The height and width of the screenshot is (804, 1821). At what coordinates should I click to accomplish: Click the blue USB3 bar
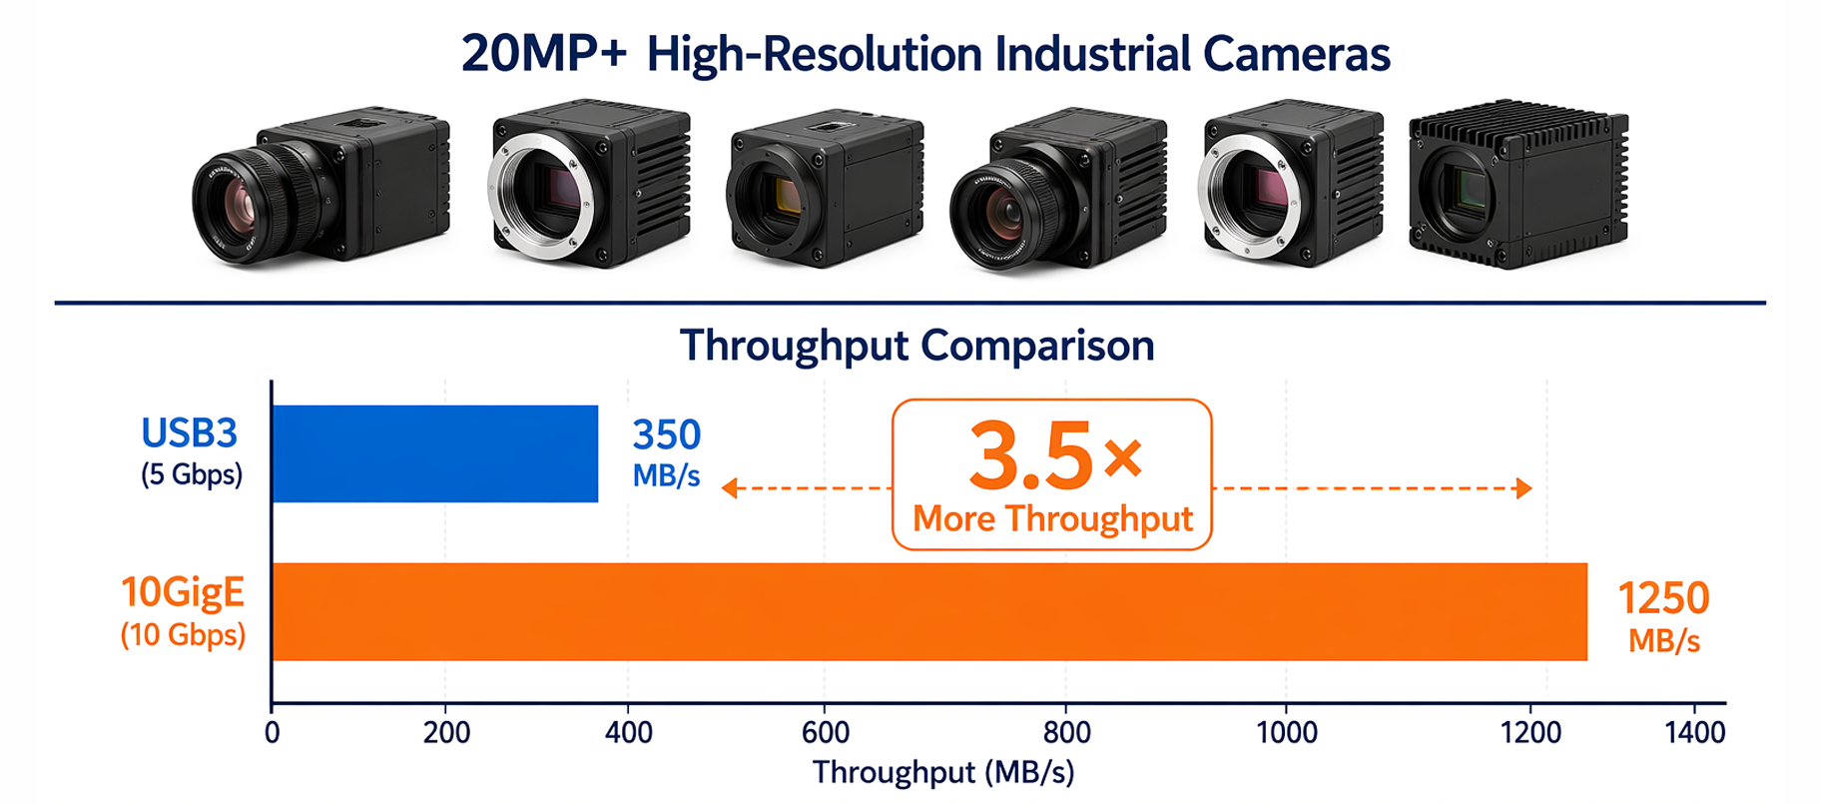click(x=435, y=453)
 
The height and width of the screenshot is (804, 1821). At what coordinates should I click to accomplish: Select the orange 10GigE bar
click(x=929, y=611)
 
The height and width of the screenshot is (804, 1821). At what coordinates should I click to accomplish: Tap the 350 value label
click(x=667, y=435)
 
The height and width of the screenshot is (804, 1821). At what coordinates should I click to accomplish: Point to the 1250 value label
click(x=1663, y=598)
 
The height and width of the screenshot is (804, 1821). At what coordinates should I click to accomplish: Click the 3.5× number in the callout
click(x=1054, y=455)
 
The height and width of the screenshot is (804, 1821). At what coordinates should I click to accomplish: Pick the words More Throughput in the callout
click(x=1052, y=518)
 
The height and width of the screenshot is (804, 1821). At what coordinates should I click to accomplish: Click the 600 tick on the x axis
click(x=826, y=732)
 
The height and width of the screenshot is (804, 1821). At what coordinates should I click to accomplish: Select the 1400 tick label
click(x=1695, y=732)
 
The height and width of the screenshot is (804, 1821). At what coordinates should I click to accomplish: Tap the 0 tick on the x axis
click(x=272, y=732)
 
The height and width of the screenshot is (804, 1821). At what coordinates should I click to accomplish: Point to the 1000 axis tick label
click(x=1287, y=732)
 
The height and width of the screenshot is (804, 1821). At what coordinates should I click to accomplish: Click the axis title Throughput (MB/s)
click(x=943, y=772)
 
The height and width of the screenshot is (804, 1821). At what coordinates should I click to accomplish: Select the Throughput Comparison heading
click(x=916, y=346)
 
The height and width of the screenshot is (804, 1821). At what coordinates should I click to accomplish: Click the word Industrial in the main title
click(x=1093, y=54)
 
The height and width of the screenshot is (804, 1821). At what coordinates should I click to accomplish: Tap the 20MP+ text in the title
click(x=544, y=54)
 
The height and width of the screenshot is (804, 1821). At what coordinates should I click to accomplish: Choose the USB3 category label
click(x=189, y=433)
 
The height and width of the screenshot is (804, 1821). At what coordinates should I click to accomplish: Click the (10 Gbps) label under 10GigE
click(x=183, y=635)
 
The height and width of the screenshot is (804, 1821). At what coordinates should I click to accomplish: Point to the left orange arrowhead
click(x=730, y=487)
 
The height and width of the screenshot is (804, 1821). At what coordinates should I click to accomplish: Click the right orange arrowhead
click(x=1523, y=487)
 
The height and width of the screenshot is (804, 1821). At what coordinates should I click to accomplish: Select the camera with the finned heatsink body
click(x=1518, y=184)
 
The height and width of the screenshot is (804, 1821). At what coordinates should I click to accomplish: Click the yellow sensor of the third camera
click(x=787, y=196)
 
